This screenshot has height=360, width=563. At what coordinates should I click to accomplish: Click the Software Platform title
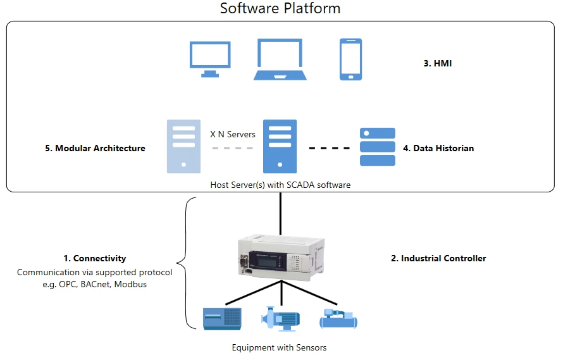(x=280, y=9)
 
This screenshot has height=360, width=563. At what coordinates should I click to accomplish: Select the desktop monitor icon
(x=210, y=59)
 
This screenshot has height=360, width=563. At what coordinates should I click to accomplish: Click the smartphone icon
(x=350, y=59)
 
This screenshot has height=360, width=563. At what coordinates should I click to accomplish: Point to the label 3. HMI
(x=438, y=64)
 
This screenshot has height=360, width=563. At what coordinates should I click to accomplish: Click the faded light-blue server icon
(x=183, y=146)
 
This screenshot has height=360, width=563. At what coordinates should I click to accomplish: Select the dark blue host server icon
(x=280, y=146)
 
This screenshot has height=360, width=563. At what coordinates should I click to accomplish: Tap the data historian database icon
(x=377, y=147)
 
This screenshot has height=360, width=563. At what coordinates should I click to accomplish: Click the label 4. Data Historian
(x=438, y=149)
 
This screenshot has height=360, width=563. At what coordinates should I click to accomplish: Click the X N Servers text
(x=232, y=134)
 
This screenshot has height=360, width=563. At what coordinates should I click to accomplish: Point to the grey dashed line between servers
(x=232, y=149)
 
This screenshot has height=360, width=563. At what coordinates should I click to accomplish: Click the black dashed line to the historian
(x=329, y=149)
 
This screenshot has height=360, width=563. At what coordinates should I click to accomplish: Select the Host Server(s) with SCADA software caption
(x=280, y=185)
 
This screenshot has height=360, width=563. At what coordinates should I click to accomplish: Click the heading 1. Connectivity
(x=95, y=258)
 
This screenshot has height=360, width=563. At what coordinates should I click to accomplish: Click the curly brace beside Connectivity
(x=184, y=263)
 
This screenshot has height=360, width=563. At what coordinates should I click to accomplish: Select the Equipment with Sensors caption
(x=279, y=347)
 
